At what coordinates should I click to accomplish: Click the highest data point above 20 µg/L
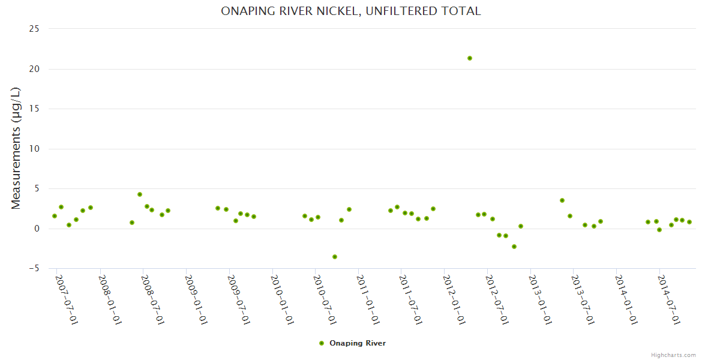pyautogui.click(x=470, y=58)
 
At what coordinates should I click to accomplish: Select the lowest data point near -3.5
pyautogui.click(x=335, y=257)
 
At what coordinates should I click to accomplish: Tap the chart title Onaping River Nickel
pyautogui.click(x=351, y=11)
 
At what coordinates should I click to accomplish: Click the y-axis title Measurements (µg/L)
pyautogui.click(x=16, y=148)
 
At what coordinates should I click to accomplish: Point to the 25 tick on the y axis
pyautogui.click(x=34, y=29)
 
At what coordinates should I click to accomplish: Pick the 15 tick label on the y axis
pyautogui.click(x=34, y=109)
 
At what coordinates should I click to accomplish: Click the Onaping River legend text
pyautogui.click(x=358, y=343)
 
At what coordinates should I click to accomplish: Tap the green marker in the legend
pyautogui.click(x=322, y=343)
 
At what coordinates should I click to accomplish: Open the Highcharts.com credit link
pyautogui.click(x=673, y=355)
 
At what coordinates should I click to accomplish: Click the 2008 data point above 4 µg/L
pyautogui.click(x=140, y=194)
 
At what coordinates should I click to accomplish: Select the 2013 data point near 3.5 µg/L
pyautogui.click(x=562, y=200)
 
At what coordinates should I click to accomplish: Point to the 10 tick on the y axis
pyautogui.click(x=34, y=149)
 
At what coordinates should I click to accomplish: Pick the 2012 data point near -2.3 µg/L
pyautogui.click(x=514, y=247)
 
